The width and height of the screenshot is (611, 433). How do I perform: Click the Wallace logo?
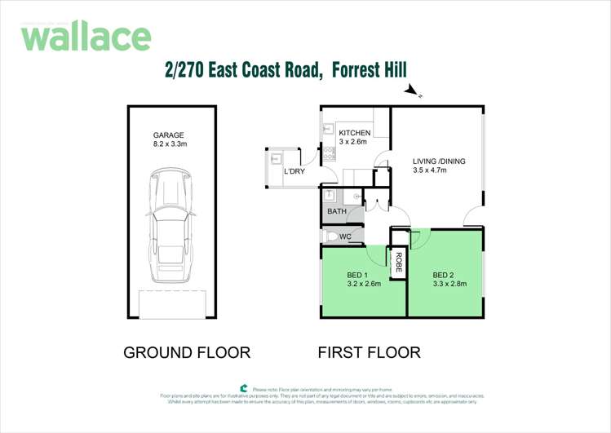(86, 37)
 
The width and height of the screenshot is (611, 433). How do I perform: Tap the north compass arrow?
(413, 91)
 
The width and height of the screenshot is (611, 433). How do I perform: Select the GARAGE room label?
(169, 135)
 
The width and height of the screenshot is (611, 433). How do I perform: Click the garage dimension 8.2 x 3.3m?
(170, 144)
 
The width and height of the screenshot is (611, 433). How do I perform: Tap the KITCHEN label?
(355, 133)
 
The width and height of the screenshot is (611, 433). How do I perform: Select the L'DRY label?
(294, 172)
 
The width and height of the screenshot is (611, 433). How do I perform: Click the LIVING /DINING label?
(439, 161)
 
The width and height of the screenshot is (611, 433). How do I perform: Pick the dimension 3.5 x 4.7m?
(430, 171)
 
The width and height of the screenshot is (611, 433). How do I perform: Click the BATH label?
(337, 211)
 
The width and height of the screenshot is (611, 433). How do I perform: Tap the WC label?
(345, 236)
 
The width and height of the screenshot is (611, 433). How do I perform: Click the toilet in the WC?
(330, 236)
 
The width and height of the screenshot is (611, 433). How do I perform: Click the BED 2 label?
(444, 274)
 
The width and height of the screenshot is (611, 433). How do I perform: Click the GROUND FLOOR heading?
(186, 353)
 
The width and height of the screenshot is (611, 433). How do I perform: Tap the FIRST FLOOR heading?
(369, 353)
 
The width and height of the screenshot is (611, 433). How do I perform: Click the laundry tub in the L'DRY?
(275, 159)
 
